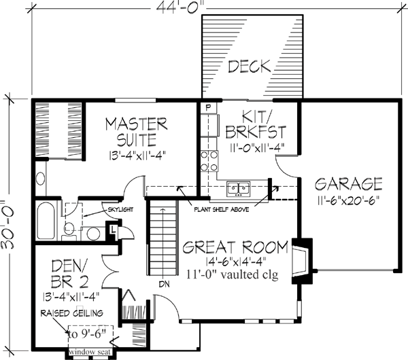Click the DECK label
point(250,67)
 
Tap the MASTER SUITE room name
point(137,132)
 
